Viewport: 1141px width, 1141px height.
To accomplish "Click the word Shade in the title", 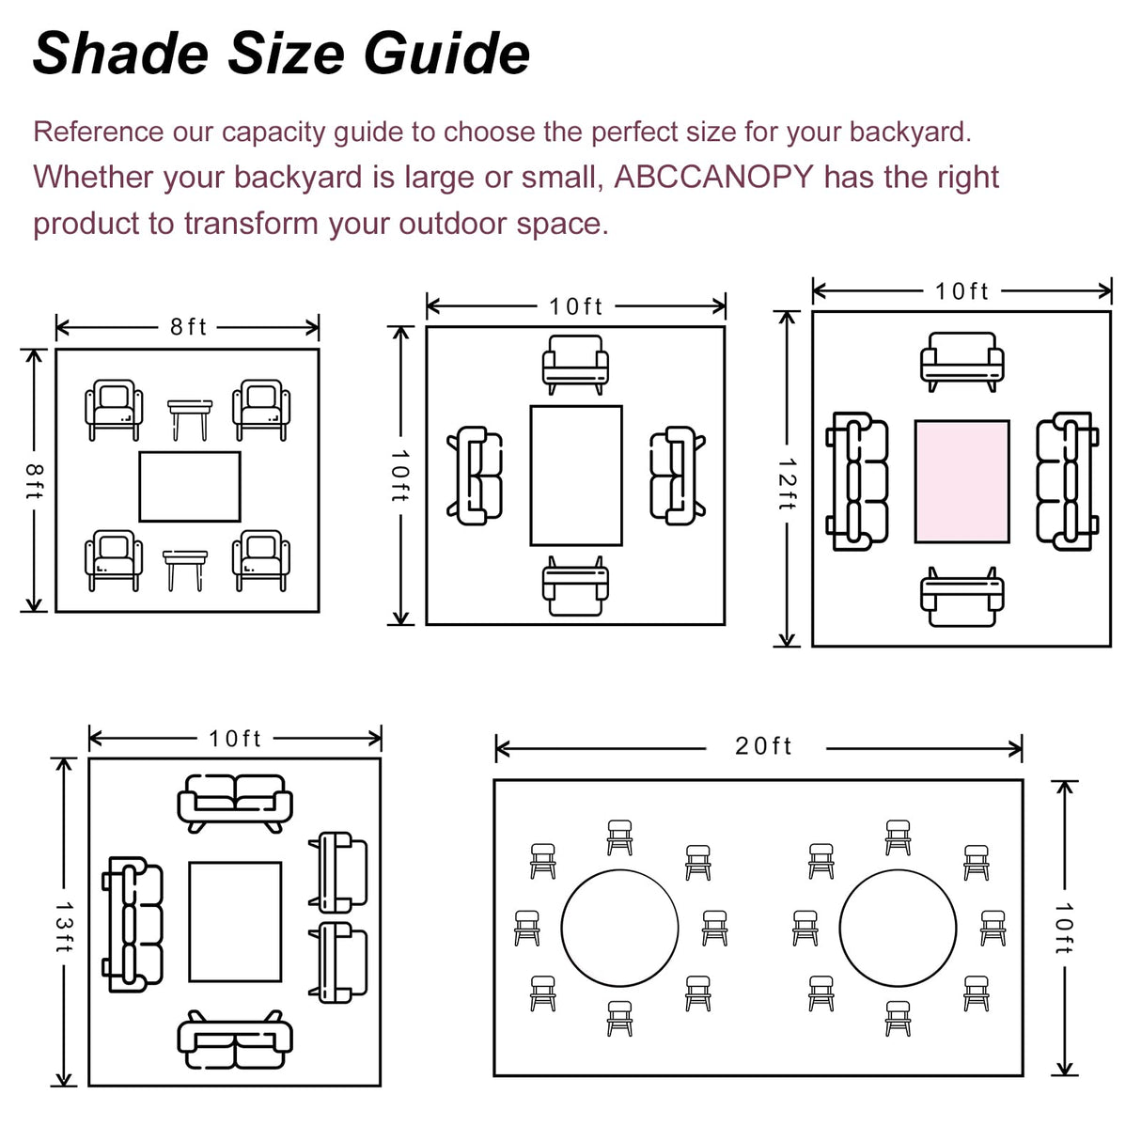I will [120, 54].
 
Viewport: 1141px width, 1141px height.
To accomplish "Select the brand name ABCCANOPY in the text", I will [713, 177].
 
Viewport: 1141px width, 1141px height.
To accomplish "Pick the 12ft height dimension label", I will [788, 484].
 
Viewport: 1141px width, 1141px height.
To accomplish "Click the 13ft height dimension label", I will [64, 927].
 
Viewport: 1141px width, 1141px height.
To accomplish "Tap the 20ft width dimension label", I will [763, 746].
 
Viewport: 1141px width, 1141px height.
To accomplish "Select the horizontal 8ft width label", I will [188, 327].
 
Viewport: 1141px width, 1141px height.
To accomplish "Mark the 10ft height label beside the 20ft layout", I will [1063, 929].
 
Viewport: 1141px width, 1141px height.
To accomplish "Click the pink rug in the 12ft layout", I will [961, 481].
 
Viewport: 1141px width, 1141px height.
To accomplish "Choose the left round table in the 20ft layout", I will [619, 928].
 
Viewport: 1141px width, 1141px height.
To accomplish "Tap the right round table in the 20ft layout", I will [898, 928].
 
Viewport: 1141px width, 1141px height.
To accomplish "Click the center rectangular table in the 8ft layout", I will [190, 487].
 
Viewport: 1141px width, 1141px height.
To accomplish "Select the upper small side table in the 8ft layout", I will [190, 418].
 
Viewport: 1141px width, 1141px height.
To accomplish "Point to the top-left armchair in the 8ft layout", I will [114, 409].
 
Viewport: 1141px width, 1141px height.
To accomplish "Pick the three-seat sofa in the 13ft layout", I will [133, 924].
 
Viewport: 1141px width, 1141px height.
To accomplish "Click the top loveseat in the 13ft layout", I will [235, 802].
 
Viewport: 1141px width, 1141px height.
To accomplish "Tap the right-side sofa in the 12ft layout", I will [1067, 480].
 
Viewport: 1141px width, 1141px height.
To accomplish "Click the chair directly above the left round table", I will [619, 836].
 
